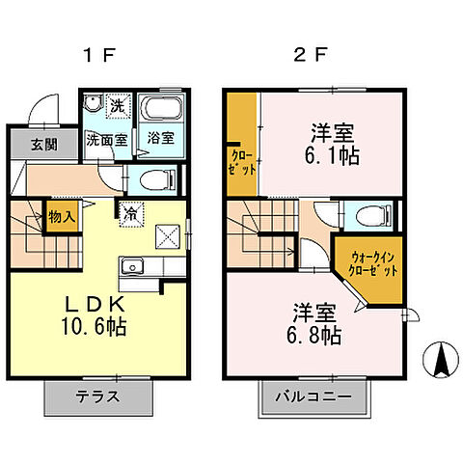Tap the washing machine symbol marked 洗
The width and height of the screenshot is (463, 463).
point(116,104)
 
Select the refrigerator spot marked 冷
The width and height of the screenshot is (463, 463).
point(128,214)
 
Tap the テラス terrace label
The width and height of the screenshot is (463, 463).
point(97,397)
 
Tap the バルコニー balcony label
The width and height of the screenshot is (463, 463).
point(314,397)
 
